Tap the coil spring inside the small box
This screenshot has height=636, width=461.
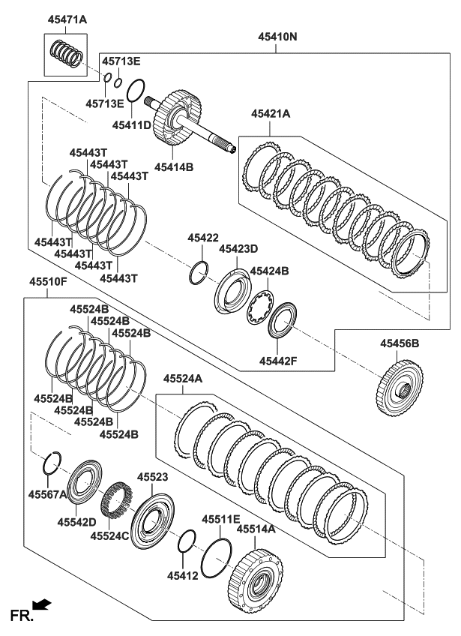(x=64, y=55)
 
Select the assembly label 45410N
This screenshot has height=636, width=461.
(x=278, y=35)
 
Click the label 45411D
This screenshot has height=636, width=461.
(x=132, y=125)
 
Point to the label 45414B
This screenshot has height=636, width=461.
(x=174, y=167)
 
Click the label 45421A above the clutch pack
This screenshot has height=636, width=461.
(x=271, y=114)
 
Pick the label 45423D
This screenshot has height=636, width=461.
(x=238, y=249)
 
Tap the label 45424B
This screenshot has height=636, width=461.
(x=269, y=271)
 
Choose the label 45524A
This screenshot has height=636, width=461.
(x=183, y=380)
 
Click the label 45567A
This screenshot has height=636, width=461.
(x=48, y=494)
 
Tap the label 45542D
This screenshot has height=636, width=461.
(x=77, y=520)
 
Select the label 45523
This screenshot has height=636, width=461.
(x=153, y=476)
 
